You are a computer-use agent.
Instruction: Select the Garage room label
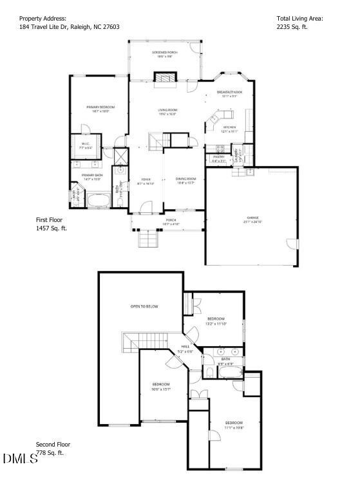point(252,219)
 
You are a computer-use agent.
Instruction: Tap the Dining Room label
point(185,180)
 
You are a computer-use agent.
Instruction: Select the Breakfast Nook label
point(229,94)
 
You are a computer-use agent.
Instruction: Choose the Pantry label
point(218,158)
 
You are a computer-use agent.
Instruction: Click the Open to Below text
point(144,306)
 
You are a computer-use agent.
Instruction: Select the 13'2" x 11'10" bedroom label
point(216,320)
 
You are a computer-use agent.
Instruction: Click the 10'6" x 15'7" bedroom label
point(160,386)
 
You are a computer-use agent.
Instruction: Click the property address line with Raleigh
point(69,27)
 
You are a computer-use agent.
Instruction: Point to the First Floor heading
point(50,220)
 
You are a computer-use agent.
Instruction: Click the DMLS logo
point(19,458)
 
